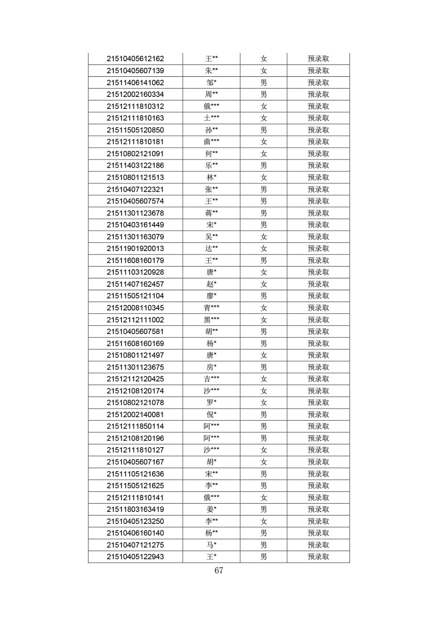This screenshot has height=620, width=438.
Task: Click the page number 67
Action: (x=219, y=570)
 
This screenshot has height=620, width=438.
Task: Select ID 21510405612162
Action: (x=135, y=59)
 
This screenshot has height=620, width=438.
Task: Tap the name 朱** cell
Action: (x=211, y=71)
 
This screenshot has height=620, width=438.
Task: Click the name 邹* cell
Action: (x=211, y=83)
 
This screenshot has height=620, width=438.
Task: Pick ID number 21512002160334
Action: (x=135, y=95)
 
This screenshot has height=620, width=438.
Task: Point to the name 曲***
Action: (x=211, y=142)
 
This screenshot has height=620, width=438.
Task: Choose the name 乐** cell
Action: (x=211, y=165)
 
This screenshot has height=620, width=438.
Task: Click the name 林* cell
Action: (x=211, y=177)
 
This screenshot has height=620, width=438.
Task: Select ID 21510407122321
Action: (x=135, y=189)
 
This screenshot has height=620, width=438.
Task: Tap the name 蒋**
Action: (x=211, y=213)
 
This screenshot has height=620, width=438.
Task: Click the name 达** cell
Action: (x=211, y=248)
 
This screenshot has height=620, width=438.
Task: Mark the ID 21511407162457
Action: (x=135, y=284)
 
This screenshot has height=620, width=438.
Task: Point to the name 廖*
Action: (x=211, y=296)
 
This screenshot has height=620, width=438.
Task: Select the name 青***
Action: (x=211, y=308)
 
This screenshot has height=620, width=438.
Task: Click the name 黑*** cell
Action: (x=211, y=320)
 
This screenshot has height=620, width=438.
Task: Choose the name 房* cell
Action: (x=211, y=367)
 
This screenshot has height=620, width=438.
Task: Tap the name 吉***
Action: (x=211, y=379)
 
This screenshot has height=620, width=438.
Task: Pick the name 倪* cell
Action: (x=211, y=415)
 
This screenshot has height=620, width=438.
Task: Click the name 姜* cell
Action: (x=211, y=510)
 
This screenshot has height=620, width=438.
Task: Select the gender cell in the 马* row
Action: (x=263, y=545)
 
